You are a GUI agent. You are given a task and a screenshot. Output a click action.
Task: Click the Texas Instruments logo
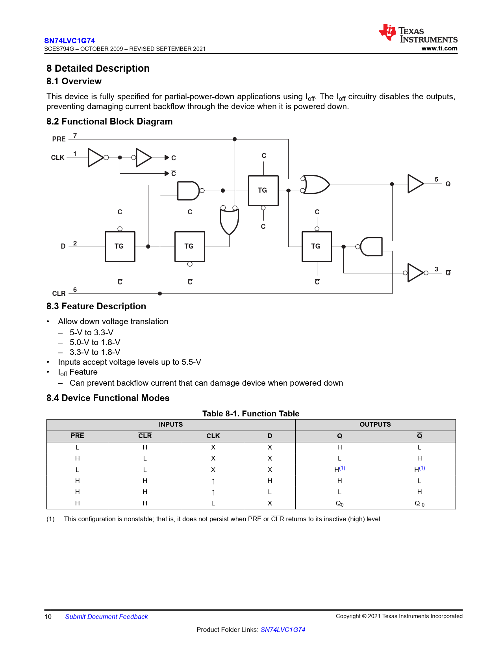click(418, 34)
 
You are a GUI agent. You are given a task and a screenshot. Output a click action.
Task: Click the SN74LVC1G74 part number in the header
click(69, 41)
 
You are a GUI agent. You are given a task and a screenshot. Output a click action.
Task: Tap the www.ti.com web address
click(439, 48)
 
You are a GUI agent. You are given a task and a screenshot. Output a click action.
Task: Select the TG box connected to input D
click(120, 247)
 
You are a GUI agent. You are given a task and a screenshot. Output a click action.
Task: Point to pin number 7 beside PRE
click(75, 136)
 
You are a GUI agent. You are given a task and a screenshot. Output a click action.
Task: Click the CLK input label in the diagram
click(57, 158)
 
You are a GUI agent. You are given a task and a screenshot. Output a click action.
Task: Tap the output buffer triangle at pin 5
click(415, 184)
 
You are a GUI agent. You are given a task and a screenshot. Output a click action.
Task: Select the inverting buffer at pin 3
click(415, 273)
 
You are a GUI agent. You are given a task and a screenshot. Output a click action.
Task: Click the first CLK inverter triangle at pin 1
click(95, 158)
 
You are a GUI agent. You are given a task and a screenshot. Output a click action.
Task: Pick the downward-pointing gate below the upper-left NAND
click(229, 221)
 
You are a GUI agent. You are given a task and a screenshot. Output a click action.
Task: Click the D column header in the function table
click(270, 436)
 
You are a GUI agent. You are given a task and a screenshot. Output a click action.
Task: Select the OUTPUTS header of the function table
click(375, 424)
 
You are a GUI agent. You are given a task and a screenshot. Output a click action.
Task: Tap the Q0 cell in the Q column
click(339, 503)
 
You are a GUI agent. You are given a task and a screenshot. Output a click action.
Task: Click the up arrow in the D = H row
click(213, 481)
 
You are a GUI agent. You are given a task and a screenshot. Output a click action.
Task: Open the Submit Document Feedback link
click(106, 617)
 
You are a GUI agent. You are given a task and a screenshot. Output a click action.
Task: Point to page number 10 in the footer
click(48, 617)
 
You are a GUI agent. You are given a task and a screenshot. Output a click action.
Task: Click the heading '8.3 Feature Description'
click(96, 306)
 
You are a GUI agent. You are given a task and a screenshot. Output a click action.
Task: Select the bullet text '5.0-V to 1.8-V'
click(95, 342)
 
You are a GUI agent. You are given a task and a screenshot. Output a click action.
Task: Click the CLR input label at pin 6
click(59, 293)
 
